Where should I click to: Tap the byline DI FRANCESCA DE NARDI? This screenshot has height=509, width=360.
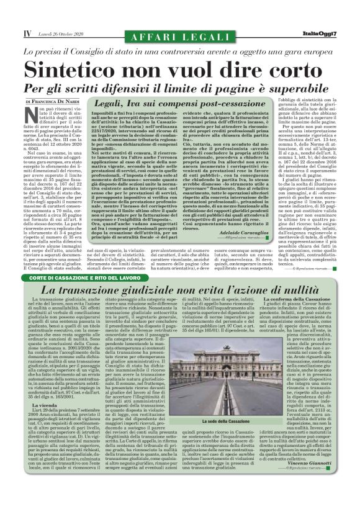53,101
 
